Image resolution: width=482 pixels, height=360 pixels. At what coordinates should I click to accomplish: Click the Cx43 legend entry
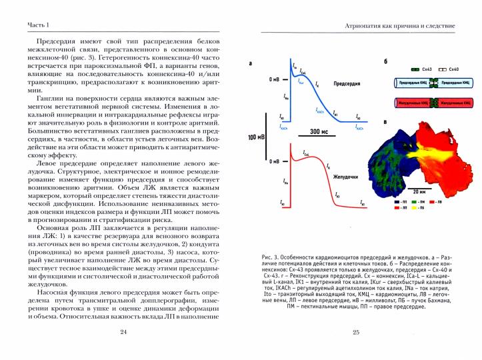(424, 69)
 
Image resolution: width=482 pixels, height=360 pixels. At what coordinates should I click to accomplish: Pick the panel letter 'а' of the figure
(250, 65)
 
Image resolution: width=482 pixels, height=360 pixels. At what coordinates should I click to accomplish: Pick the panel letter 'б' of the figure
(385, 64)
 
